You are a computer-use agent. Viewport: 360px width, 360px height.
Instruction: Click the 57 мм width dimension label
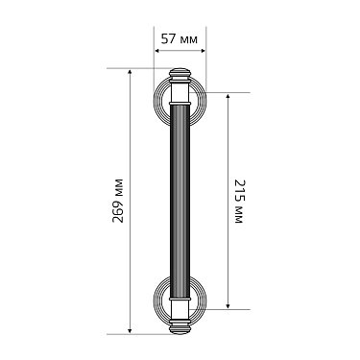pos(180,39)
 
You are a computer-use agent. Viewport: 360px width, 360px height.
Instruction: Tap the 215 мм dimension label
pos(237,202)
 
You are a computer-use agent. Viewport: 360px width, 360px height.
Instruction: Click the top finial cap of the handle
pos(180,75)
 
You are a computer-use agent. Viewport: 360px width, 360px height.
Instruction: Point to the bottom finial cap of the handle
pos(180,327)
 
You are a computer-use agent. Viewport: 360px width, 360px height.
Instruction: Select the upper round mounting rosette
pos(180,101)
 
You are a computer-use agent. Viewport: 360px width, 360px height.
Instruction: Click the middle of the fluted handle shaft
pos(180,202)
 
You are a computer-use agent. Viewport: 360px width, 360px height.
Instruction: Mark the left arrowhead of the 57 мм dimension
pos(156,53)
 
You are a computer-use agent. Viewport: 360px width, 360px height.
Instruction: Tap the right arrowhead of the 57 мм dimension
pos(203,53)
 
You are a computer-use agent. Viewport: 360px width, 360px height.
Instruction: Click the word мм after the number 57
pos(190,39)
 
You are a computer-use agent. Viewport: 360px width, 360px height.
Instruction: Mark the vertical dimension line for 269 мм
pos(131,144)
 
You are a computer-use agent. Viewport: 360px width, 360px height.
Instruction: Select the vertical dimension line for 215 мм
pos(227,144)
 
